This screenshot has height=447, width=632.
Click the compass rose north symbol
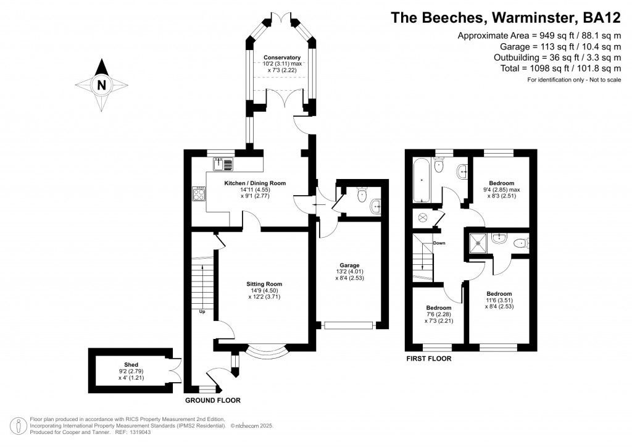(x=102, y=85)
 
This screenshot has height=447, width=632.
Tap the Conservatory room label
(x=277, y=57)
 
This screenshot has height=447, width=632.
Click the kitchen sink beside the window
(x=223, y=164)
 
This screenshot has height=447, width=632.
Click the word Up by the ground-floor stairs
(x=202, y=311)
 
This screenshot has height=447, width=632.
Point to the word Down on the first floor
(x=439, y=243)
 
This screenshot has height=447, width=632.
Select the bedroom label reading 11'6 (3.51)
(x=499, y=294)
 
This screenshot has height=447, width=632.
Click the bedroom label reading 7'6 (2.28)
(x=438, y=307)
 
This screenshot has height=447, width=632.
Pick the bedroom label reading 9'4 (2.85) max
(x=501, y=183)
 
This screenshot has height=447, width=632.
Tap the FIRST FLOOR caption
(x=428, y=359)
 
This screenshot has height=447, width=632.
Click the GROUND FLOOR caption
(x=213, y=400)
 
